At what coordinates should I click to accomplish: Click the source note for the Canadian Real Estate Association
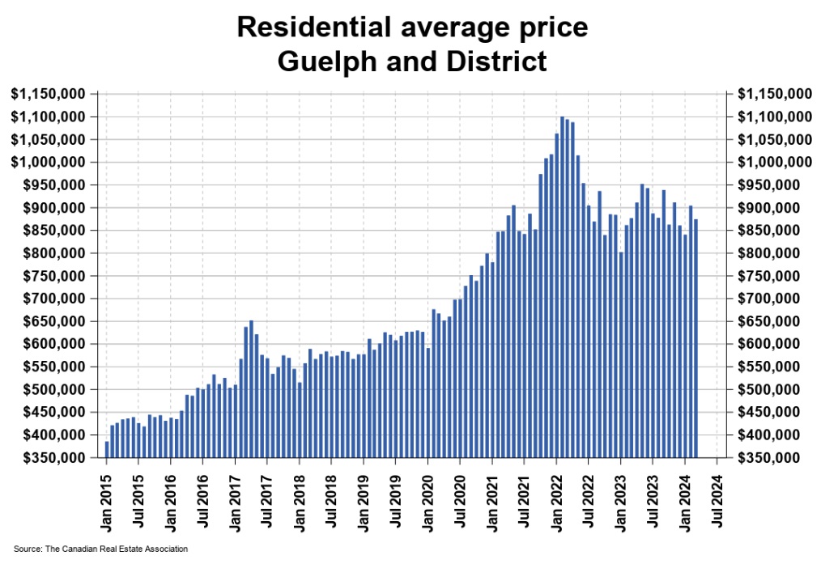(100, 549)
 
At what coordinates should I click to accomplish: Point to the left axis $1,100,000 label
(49, 117)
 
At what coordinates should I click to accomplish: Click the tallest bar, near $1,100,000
(562, 286)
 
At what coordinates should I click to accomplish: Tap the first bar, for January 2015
(107, 449)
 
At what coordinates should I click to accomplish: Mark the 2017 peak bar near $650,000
(251, 388)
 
